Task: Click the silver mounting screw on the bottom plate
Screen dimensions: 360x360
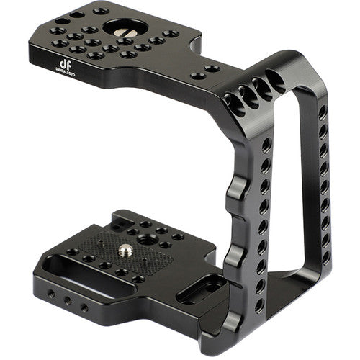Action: pos(127,251)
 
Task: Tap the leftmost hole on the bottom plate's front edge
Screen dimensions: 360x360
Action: pos(50,294)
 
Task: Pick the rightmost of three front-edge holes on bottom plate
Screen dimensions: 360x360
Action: pos(85,307)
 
